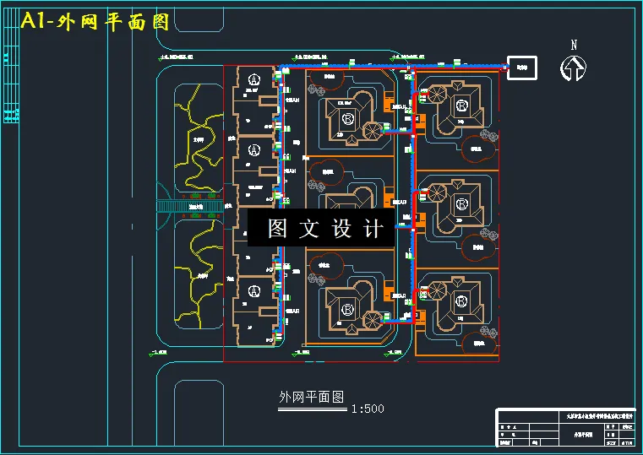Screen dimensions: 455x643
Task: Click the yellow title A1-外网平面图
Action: pyautogui.click(x=94, y=22)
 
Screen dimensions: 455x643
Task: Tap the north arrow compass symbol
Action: pyautogui.click(x=574, y=68)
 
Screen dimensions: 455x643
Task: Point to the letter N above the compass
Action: pyautogui.click(x=574, y=46)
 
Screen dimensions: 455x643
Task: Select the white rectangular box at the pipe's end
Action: pyautogui.click(x=521, y=68)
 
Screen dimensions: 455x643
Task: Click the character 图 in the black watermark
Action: pyautogui.click(x=279, y=228)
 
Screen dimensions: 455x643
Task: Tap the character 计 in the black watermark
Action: pyautogui.click(x=373, y=228)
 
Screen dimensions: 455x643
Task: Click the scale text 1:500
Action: pyautogui.click(x=367, y=409)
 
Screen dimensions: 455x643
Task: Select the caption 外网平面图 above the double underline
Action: pyautogui.click(x=312, y=396)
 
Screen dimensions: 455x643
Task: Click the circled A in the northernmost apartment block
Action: pyautogui.click(x=254, y=79)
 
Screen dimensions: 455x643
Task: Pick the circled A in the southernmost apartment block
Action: pyautogui.click(x=254, y=292)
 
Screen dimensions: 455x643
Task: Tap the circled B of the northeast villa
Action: pyautogui.click(x=461, y=106)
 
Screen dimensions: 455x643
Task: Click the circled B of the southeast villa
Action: pyautogui.click(x=461, y=301)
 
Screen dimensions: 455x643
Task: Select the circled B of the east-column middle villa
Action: pyautogui.click(x=461, y=204)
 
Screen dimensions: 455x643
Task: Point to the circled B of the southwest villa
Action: pyautogui.click(x=347, y=308)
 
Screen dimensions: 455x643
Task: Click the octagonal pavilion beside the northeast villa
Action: pyautogui.click(x=437, y=94)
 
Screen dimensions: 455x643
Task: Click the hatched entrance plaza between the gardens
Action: pyautogui.click(x=189, y=206)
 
